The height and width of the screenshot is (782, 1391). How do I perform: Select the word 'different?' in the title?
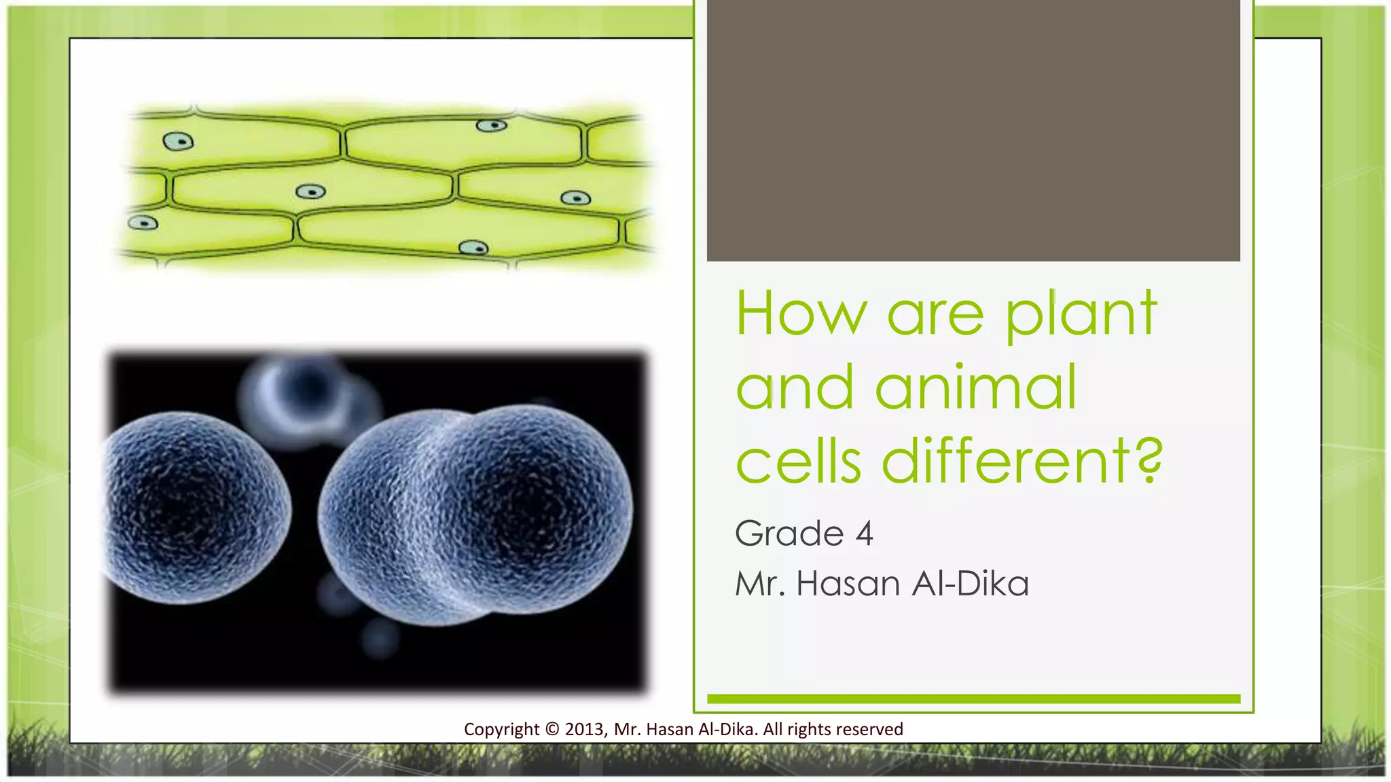1022,462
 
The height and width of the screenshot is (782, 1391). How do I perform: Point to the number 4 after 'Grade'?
864,534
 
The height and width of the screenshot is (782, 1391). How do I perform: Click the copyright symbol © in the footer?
552,729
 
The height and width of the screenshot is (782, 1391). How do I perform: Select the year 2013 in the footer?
584,729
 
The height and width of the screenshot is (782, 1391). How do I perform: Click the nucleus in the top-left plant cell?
178,141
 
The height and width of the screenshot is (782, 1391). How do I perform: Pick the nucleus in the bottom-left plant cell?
143,223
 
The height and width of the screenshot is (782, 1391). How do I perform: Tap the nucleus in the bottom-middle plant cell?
473,248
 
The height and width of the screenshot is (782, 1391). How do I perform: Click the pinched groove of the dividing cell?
435,516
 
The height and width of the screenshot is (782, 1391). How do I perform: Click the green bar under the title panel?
973,699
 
